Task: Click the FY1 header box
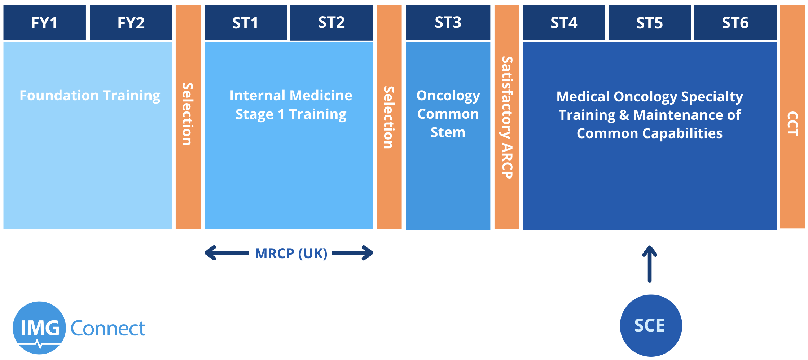(45, 22)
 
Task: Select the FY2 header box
(131, 22)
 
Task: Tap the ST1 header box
(246, 22)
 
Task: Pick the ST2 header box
(331, 22)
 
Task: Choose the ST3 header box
(448, 22)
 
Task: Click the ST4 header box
(564, 22)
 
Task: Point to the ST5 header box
(650, 22)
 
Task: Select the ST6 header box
(735, 22)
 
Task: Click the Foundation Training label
(90, 96)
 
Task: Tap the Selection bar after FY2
(188, 117)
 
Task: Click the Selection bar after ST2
(389, 117)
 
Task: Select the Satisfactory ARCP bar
(507, 117)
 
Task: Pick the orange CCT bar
(792, 117)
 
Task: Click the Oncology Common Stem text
(448, 114)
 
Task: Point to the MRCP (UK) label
(291, 254)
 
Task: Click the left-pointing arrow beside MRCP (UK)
(227, 253)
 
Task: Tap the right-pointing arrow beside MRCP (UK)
(353, 253)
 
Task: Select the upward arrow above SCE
(650, 264)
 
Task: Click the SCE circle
(651, 325)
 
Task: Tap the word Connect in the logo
(108, 328)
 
